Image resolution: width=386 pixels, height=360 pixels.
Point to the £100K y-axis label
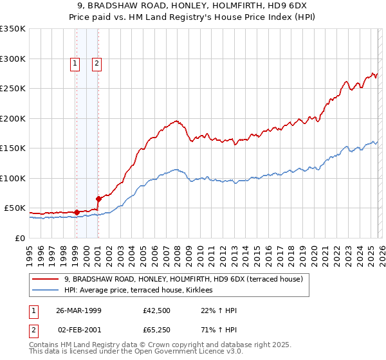tap(13, 178)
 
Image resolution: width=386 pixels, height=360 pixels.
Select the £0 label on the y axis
tap(21, 238)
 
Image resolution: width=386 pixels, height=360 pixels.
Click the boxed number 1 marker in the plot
tap(75, 63)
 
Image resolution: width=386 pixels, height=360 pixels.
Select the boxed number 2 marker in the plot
tap(96, 63)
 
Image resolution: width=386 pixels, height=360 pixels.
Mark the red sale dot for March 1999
tap(77, 212)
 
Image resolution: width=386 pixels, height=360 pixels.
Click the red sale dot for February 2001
tap(98, 199)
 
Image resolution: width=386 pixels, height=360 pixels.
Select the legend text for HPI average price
tap(143, 291)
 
